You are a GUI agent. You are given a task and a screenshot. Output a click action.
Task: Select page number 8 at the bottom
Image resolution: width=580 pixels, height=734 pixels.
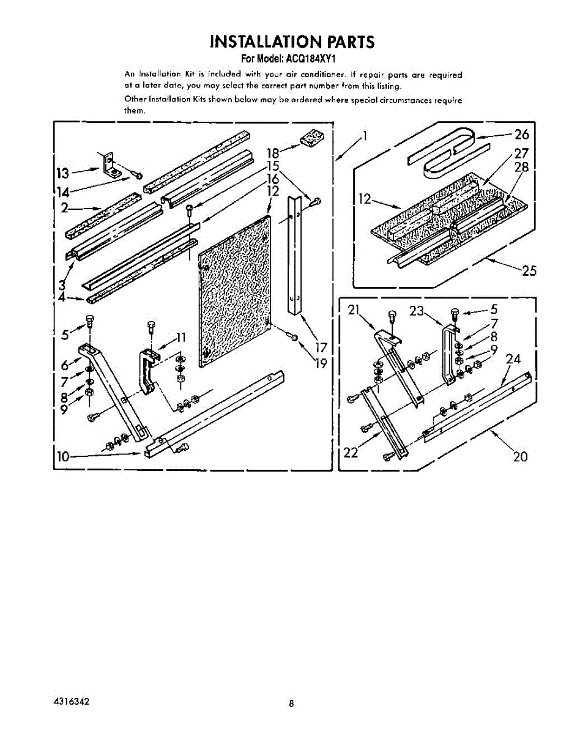pyautogui.click(x=292, y=703)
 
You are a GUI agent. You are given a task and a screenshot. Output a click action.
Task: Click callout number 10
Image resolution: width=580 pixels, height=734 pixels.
pyautogui.click(x=63, y=454)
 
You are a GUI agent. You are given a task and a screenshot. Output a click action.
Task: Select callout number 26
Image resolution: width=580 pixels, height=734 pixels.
pyautogui.click(x=522, y=135)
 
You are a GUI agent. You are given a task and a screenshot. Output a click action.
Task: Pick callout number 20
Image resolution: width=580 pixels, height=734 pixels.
pyautogui.click(x=520, y=456)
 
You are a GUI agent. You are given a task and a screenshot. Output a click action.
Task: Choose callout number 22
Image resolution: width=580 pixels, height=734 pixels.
pyautogui.click(x=351, y=453)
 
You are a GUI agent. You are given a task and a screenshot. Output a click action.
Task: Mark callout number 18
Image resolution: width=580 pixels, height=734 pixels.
pyautogui.click(x=273, y=154)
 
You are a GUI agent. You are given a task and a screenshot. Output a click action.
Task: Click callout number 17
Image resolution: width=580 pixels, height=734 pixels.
pyautogui.click(x=321, y=347)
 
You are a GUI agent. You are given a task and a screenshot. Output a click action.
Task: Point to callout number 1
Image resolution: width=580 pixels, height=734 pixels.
pyautogui.click(x=365, y=136)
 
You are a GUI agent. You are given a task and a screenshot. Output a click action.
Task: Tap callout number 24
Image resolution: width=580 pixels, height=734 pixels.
pyautogui.click(x=513, y=359)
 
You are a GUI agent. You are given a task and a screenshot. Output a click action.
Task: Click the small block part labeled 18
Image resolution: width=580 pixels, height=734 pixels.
pyautogui.click(x=313, y=138)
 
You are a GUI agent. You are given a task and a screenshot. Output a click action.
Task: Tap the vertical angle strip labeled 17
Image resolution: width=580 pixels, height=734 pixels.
pyautogui.click(x=297, y=257)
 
